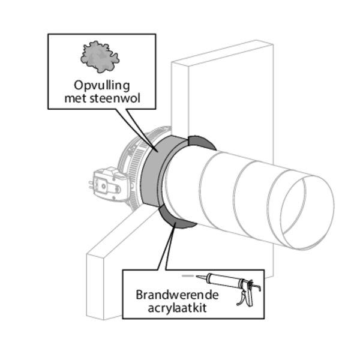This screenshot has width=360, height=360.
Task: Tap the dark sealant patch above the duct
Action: tap(201, 143)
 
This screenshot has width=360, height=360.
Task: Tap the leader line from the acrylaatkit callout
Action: tap(166, 246)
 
